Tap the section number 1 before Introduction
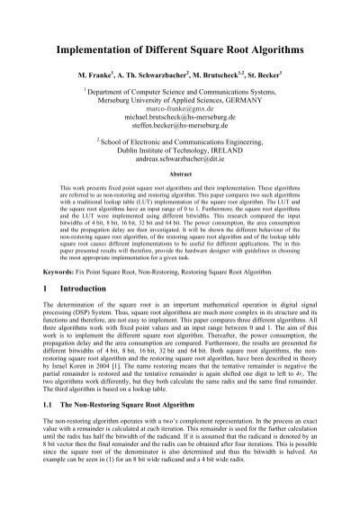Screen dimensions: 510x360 point(47,315)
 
